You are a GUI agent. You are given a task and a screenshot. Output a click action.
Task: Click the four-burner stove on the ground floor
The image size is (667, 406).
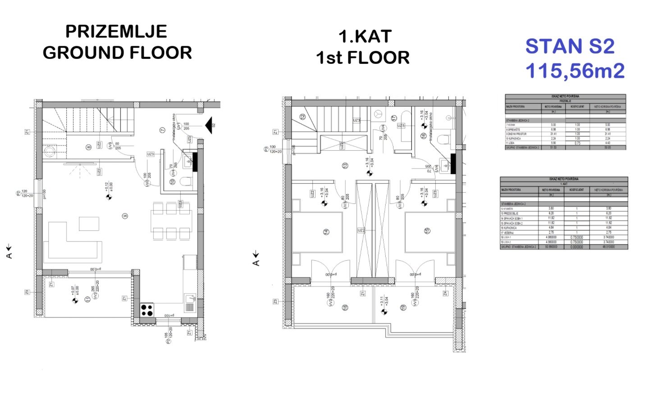pyautogui.click(x=146, y=310)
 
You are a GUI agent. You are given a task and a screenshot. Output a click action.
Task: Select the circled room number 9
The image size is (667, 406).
pyautogui.click(x=124, y=216)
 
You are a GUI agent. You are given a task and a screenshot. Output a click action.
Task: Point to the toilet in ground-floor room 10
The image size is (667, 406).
pyautogui.click(x=184, y=181)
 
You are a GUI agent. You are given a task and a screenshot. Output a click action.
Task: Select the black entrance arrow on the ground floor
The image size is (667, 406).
pyautogui.click(x=208, y=125)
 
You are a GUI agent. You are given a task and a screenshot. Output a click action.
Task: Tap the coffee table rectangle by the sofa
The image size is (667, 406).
pyautogui.click(x=89, y=224)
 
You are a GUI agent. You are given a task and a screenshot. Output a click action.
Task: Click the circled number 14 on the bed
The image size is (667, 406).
pyautogui.click(x=326, y=232)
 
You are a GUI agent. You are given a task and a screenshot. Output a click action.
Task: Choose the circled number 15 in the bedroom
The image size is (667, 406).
pyautogui.click(x=427, y=231)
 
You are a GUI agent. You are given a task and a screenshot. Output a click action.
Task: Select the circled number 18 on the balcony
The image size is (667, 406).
pyautogui.click(x=345, y=308)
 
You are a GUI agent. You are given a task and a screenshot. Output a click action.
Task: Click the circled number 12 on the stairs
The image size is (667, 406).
pyautogui.click(x=303, y=116)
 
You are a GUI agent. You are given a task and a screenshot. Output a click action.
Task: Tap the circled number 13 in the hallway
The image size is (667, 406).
pyautogui.click(x=345, y=166)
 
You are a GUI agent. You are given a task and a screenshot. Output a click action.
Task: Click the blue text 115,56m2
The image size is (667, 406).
pyautogui.click(x=575, y=71)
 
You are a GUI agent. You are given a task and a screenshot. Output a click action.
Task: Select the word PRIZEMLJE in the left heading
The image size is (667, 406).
pyautogui.click(x=116, y=32)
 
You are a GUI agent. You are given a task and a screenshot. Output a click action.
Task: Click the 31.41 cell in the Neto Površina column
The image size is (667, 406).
pyautogui.click(x=553, y=134)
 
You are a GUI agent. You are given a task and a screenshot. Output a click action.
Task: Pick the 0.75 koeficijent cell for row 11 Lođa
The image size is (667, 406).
pyautogui.click(x=577, y=143)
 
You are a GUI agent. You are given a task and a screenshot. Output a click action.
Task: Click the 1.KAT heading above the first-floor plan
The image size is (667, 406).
pyautogui.click(x=365, y=37)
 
